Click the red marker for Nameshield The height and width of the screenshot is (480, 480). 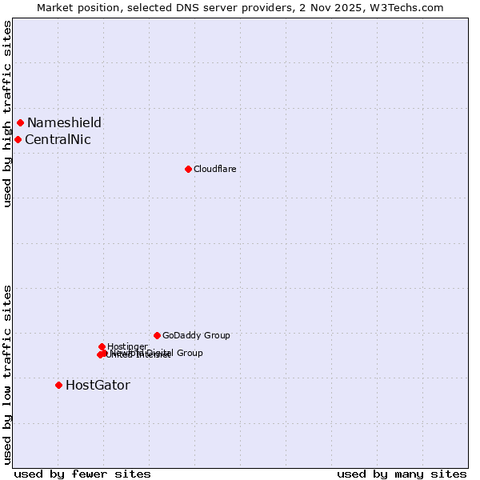pyautogui.click(x=20, y=122)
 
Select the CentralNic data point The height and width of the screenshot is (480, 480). pyautogui.click(x=18, y=139)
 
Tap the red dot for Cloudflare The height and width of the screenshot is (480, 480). pyautogui.click(x=188, y=169)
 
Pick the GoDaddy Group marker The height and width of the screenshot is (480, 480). pyautogui.click(x=157, y=335)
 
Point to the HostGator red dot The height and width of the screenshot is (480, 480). pyautogui.click(x=58, y=385)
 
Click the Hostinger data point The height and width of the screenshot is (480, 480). pyautogui.click(x=102, y=346)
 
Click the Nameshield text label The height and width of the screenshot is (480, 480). pyautogui.click(x=64, y=122)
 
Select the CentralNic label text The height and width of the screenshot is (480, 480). pyautogui.click(x=58, y=139)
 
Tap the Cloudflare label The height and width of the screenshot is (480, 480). pyautogui.click(x=214, y=169)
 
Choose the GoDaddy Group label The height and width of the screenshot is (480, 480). pyautogui.click(x=196, y=335)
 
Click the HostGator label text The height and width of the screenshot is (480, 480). pyautogui.click(x=98, y=385)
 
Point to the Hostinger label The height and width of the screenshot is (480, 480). pyautogui.click(x=127, y=346)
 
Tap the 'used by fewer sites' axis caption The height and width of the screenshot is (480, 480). pyautogui.click(x=82, y=474)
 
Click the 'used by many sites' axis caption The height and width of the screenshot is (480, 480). pyautogui.click(x=402, y=474)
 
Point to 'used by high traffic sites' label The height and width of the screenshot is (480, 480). pyautogui.click(x=7, y=114)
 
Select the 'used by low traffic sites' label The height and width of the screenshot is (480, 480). pyautogui.click(x=7, y=374)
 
